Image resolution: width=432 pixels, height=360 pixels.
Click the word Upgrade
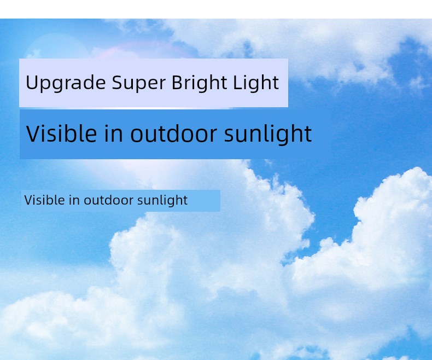(66, 83)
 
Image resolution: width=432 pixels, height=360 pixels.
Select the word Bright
(200, 83)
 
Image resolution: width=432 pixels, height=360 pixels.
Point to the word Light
(256, 83)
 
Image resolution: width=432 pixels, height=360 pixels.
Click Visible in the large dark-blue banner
(61, 133)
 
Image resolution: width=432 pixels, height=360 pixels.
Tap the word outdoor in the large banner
(173, 133)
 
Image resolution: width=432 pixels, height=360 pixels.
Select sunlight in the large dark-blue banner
(268, 134)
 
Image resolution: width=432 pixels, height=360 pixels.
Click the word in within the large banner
(114, 133)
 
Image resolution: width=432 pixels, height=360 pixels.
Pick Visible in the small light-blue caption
(45, 200)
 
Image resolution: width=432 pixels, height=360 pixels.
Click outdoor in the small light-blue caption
(109, 200)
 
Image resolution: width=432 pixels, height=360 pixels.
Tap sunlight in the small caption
(162, 200)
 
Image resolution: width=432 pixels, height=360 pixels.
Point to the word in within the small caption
(74, 200)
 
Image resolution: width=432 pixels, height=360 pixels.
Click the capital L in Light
(237, 82)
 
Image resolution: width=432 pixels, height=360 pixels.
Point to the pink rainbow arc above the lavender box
(143, 45)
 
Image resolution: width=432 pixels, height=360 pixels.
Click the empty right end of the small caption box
(204, 200)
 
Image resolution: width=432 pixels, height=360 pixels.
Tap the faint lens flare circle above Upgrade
(56, 47)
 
